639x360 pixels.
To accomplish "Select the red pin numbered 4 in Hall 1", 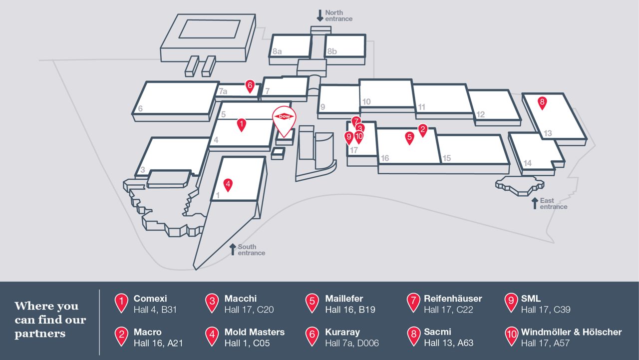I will [x=228, y=185].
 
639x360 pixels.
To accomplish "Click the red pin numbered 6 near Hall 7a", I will [x=250, y=86].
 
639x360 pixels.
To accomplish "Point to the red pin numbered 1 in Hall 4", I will [x=242, y=124].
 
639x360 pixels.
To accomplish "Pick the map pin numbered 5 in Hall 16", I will [x=409, y=137].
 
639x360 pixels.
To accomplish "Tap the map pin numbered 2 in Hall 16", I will [x=422, y=130].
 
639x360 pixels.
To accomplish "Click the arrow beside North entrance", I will [x=320, y=15].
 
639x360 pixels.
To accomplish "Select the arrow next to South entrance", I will [x=233, y=249].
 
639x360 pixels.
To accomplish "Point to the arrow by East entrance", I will [x=535, y=203].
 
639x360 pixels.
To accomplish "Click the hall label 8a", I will [x=277, y=51].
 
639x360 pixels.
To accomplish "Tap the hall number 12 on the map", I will [x=480, y=114].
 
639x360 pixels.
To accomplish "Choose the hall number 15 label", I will [x=446, y=158].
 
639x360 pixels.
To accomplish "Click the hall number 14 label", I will [x=527, y=163].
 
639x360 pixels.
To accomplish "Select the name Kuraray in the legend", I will [x=342, y=332].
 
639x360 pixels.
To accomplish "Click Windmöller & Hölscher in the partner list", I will [x=571, y=332].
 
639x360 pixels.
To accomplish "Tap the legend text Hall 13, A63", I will [x=448, y=343].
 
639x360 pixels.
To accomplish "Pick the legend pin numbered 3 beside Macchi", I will [x=212, y=303].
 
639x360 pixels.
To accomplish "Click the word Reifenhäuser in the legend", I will [x=453, y=298].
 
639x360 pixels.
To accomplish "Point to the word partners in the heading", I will [x=40, y=334].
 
